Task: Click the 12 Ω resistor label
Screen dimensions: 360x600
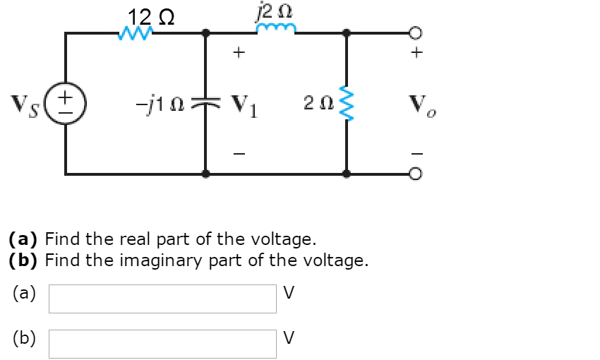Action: pyautogui.click(x=150, y=16)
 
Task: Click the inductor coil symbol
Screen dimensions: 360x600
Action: pyautogui.click(x=276, y=30)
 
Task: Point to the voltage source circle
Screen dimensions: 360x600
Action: pyautogui.click(x=66, y=101)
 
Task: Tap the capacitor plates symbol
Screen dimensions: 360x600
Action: pyautogui.click(x=205, y=103)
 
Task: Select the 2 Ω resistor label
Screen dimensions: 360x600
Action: pyautogui.click(x=315, y=104)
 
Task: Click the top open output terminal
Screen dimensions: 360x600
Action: pyautogui.click(x=416, y=32)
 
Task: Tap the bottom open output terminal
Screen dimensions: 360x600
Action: pyautogui.click(x=416, y=172)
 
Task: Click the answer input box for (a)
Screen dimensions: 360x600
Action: pyautogui.click(x=162, y=299)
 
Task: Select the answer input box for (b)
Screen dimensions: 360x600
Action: pyautogui.click(x=162, y=344)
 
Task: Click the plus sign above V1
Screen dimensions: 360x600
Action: pyautogui.click(x=239, y=52)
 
